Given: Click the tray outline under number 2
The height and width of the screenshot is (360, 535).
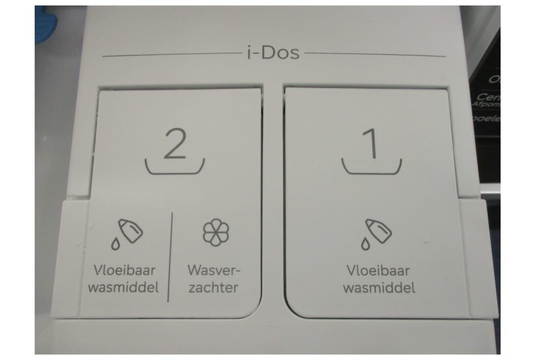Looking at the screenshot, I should tap(175, 170).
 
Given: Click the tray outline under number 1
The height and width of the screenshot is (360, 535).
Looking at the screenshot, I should tap(371, 170).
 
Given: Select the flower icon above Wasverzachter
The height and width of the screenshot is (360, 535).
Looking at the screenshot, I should tap(216, 232).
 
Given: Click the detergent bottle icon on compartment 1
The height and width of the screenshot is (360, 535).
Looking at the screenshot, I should tap(378, 230).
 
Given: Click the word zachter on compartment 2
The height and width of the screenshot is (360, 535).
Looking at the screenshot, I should tap(213, 288).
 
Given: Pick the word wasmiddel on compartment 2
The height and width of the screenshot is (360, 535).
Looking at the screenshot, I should tap(123, 288).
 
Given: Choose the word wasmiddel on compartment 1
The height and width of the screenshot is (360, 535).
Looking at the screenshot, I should tap(379, 288).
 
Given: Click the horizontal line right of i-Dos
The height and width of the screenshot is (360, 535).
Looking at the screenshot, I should tap(375, 56).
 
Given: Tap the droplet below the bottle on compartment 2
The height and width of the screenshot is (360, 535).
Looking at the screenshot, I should tap(115, 243).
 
